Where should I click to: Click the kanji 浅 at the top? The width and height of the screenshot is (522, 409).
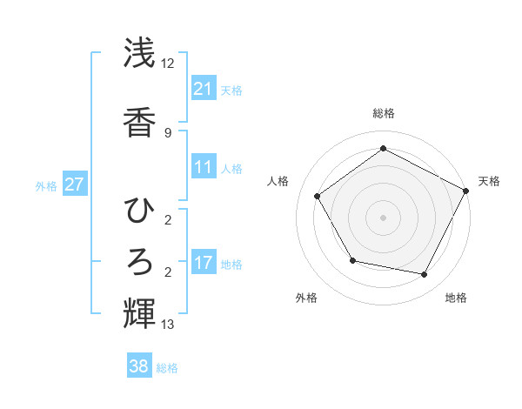(x=140, y=54)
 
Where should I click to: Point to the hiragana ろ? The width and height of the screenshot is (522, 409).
(x=140, y=260)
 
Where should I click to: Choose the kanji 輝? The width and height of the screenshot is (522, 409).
(x=140, y=311)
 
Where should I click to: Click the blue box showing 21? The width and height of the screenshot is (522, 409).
(x=204, y=88)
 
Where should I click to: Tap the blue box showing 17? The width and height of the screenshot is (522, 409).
(x=204, y=262)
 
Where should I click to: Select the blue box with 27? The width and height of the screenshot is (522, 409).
(x=75, y=184)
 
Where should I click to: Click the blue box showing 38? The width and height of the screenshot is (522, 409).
(x=139, y=366)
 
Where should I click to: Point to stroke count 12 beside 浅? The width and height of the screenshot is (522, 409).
(x=168, y=63)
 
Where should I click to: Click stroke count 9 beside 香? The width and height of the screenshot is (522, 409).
(x=167, y=133)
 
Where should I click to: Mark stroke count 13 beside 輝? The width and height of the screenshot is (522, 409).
(x=168, y=325)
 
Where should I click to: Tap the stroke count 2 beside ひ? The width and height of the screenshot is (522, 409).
(x=167, y=219)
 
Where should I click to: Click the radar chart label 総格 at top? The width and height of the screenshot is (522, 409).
(x=383, y=113)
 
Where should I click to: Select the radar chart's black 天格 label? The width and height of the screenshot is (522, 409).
(x=489, y=181)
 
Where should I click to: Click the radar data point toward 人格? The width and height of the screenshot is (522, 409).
(x=318, y=196)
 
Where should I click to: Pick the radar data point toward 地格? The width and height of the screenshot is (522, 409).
(x=425, y=275)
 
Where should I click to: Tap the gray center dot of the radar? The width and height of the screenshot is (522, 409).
(x=383, y=217)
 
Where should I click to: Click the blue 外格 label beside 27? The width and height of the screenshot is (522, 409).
(x=46, y=185)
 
